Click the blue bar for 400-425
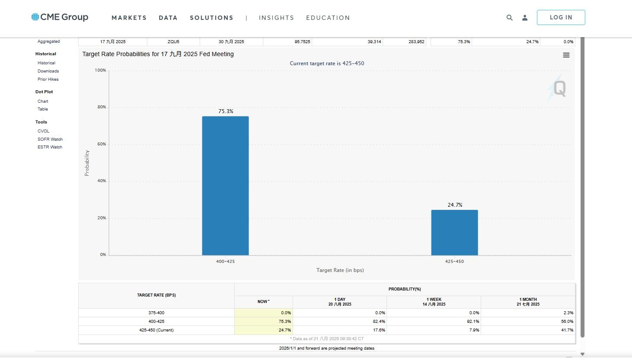(x=225, y=186)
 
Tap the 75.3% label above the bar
(x=226, y=111)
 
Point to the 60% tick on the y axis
(x=102, y=144)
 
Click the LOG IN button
(x=561, y=18)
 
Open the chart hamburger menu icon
(x=566, y=55)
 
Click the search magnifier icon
(x=509, y=18)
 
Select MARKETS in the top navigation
(x=129, y=18)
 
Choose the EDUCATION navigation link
(x=328, y=18)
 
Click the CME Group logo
(x=60, y=17)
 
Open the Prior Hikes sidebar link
(x=48, y=79)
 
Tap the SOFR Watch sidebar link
(x=50, y=139)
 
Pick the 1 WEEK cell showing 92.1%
(x=434, y=322)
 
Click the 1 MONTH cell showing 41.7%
(x=528, y=330)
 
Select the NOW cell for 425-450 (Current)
(x=264, y=330)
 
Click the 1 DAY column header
(x=340, y=302)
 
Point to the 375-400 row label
(x=156, y=313)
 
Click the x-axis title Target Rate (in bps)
(x=340, y=270)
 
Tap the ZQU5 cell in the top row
(x=173, y=42)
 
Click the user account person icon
(x=525, y=18)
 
